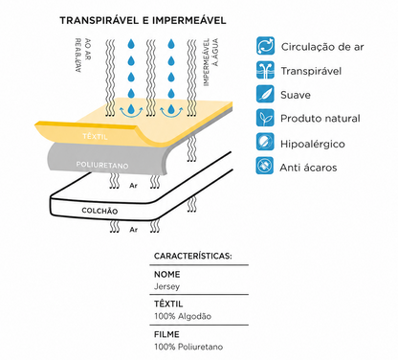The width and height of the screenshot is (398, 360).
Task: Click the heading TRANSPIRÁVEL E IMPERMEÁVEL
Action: point(143,21)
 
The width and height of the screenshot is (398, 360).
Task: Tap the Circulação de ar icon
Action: point(265,46)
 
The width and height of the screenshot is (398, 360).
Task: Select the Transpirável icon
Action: point(265,70)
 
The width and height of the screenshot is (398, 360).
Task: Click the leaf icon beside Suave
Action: point(265,94)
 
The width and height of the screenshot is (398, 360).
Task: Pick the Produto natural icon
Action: point(265,118)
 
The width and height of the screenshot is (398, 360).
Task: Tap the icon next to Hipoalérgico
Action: point(265,142)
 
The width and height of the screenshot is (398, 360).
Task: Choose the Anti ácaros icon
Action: point(265,166)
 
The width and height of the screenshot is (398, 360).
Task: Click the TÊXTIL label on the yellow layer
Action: point(95,137)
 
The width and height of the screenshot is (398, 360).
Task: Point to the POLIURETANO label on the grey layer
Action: point(102,165)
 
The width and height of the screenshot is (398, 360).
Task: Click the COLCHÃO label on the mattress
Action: point(99,211)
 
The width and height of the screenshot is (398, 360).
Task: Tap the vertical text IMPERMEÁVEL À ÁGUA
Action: point(210,62)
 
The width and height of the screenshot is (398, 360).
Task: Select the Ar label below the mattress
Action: point(134,230)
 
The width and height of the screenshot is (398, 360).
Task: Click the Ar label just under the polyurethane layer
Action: point(134,185)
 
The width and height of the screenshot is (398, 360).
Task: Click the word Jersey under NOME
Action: point(166,286)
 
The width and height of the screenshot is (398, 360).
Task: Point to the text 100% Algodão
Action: point(183,316)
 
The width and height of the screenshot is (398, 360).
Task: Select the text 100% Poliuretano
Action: point(188,347)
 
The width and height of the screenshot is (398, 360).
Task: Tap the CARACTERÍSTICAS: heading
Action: point(193,256)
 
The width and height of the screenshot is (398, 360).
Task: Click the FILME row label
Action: point(166,334)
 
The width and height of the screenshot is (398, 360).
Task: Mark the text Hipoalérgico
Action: point(313,145)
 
